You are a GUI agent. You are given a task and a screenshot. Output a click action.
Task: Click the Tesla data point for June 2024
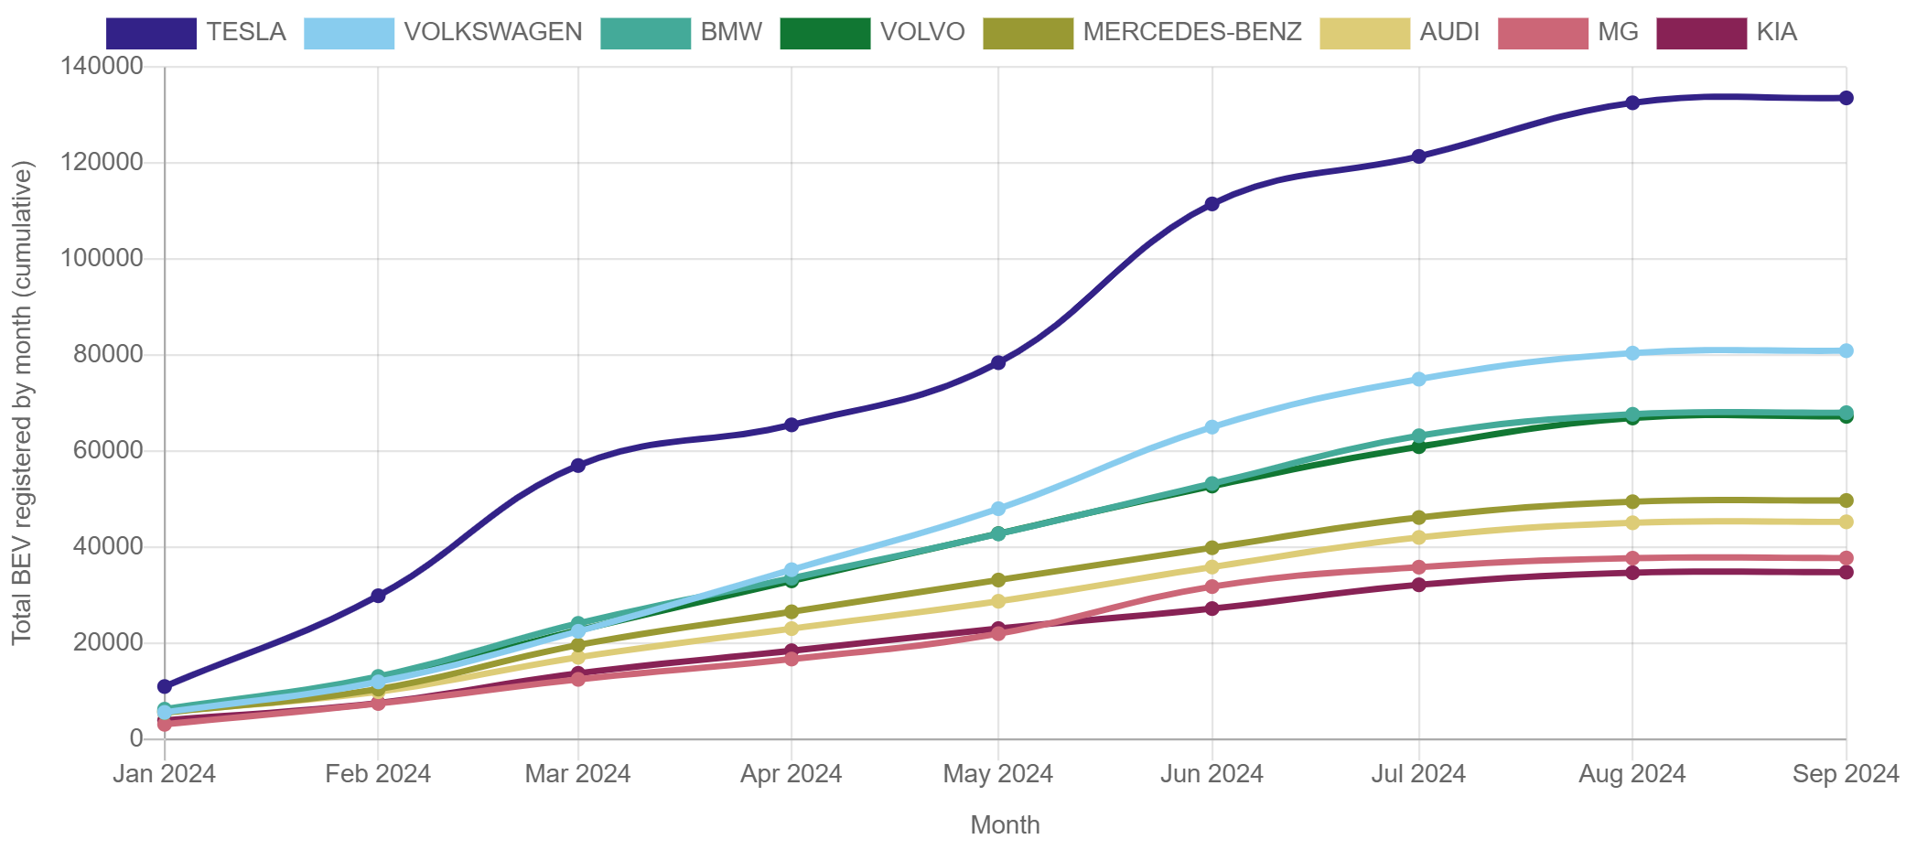point(1211,204)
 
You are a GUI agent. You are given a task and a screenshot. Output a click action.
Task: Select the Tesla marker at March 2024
point(578,466)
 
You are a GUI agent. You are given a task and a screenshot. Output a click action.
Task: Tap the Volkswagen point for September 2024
point(1847,350)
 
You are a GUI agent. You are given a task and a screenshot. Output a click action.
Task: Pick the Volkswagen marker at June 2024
point(1211,427)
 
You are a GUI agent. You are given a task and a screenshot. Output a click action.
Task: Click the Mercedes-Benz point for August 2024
point(1632,501)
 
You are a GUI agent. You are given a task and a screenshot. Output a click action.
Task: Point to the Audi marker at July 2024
point(1419,537)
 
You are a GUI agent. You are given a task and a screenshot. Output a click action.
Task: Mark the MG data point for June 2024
point(1211,586)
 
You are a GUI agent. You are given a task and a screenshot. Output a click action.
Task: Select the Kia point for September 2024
point(1847,572)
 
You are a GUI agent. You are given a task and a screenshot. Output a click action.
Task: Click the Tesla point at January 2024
point(165,686)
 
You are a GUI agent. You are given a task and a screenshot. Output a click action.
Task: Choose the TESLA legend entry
point(245,33)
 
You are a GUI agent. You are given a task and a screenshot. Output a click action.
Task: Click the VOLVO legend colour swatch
point(824,33)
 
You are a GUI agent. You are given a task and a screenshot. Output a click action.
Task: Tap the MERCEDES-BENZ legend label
point(1191,33)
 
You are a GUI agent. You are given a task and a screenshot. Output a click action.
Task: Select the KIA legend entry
point(1776,33)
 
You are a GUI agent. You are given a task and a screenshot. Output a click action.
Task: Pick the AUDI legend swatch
point(1364,33)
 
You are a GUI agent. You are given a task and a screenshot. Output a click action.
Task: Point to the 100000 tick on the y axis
point(102,258)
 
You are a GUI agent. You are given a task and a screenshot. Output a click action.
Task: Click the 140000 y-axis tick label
point(102,66)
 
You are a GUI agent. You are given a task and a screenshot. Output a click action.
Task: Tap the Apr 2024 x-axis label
point(791,774)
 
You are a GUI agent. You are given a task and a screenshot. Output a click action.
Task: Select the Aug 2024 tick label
point(1631,774)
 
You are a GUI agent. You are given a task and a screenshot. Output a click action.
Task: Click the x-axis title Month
point(1005,825)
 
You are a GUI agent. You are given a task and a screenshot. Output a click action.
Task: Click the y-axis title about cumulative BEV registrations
point(22,403)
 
